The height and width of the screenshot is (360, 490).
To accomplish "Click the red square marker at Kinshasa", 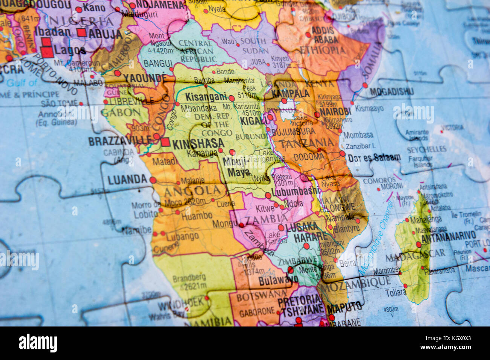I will (165, 142).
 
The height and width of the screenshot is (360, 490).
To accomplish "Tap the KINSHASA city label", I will (198, 143).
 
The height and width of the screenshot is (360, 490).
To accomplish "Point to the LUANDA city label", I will (127, 180).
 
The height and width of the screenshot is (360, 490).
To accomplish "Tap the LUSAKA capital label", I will (302, 227).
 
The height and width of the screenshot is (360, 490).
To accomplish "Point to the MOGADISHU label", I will (392, 92).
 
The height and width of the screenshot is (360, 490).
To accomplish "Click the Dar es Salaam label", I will (374, 157).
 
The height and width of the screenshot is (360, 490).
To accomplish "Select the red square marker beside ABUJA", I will (81, 32).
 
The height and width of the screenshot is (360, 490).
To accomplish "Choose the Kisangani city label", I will (206, 96).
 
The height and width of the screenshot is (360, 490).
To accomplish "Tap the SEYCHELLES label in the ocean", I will (426, 150).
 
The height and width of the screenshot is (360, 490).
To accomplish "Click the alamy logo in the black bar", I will (38, 343).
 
